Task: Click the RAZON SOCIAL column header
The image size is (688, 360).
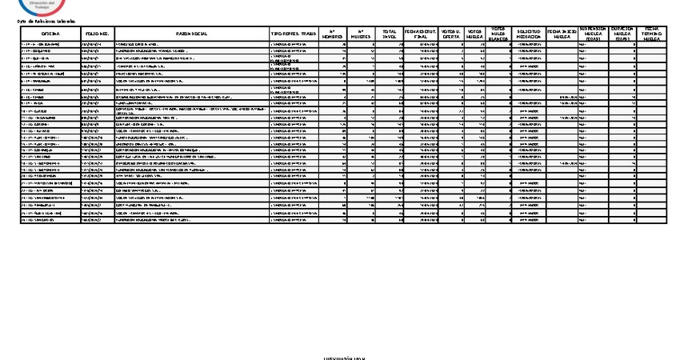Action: pyautogui.click(x=192, y=34)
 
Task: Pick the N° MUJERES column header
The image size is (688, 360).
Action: pyautogui.click(x=366, y=34)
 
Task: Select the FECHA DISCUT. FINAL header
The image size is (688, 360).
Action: pyautogui.click(x=422, y=34)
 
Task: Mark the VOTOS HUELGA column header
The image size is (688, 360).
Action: pyautogui.click(x=475, y=34)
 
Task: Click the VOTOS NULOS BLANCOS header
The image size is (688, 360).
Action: pyautogui.click(x=498, y=34)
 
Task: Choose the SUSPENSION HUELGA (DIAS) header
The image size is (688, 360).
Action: pyautogui.click(x=592, y=34)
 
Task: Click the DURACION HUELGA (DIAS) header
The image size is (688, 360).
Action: pyautogui.click(x=622, y=34)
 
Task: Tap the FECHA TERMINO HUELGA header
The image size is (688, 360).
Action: pyautogui.click(x=652, y=34)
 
